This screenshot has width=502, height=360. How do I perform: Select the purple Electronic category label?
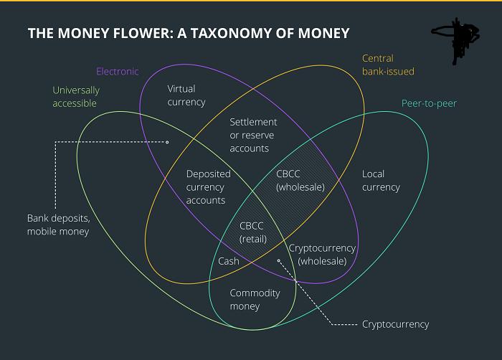click(x=118, y=71)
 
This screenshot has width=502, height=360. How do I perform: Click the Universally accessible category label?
click(x=76, y=97)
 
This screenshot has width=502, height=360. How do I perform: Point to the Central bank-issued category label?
click(x=388, y=65)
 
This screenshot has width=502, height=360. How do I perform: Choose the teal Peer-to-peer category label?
click(x=429, y=103)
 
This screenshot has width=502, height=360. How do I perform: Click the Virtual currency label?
click(x=186, y=95)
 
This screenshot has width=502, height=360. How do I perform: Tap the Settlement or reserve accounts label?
click(x=253, y=135)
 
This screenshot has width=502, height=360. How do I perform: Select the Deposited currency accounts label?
click(x=209, y=187)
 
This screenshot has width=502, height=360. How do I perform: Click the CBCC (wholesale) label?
click(x=300, y=181)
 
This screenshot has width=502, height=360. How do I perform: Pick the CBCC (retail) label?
click(x=253, y=232)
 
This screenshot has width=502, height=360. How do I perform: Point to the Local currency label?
click(x=381, y=181)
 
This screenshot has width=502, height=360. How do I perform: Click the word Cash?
click(x=229, y=261)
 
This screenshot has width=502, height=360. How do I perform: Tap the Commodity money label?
click(x=255, y=300)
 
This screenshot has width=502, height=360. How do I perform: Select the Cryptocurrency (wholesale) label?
click(x=322, y=255)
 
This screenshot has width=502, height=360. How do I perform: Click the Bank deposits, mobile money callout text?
click(x=59, y=225)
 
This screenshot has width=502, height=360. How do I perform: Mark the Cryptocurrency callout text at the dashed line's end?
click(x=395, y=324)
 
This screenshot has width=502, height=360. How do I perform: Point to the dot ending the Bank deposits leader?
click(x=167, y=142)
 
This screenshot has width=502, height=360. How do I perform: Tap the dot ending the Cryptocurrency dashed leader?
click(x=278, y=261)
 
